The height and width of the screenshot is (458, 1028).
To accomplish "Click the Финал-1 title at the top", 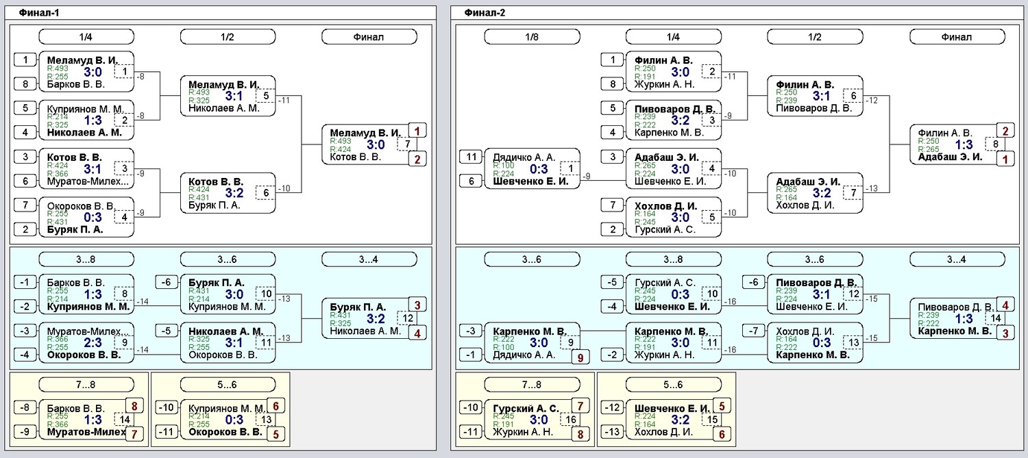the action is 39,13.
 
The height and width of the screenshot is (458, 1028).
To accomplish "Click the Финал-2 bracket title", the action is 485,13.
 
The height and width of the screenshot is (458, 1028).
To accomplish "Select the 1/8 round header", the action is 532,37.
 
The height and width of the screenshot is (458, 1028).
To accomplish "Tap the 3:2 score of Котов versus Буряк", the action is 234,193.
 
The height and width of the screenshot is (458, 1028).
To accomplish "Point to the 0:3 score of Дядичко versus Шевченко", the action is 539,169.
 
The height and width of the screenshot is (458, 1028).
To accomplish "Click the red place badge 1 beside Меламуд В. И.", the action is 417,131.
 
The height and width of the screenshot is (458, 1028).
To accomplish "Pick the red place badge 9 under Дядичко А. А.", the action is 580,357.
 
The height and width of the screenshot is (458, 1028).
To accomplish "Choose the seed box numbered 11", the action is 472,157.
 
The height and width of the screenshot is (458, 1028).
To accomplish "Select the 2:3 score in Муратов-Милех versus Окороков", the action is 93,343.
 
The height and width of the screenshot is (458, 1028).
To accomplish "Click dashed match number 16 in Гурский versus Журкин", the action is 570,419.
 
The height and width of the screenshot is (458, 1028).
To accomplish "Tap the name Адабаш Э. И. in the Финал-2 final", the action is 950,157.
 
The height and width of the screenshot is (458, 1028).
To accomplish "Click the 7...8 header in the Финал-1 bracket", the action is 86,384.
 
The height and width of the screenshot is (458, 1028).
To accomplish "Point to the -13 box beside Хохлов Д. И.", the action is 612,431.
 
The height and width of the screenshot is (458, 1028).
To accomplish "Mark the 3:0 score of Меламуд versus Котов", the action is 376,145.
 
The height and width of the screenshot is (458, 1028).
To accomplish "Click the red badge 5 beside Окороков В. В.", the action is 276,434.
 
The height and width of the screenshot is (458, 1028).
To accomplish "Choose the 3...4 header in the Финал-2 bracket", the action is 957,259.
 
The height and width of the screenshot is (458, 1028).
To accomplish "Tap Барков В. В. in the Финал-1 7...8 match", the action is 75,408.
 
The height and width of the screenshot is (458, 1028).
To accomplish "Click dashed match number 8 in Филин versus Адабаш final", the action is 995,144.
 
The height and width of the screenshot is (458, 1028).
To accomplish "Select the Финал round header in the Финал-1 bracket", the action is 369,37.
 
